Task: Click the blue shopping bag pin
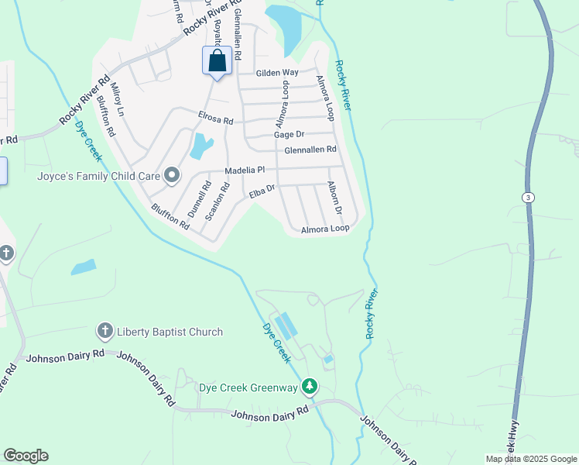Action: coord(217,60)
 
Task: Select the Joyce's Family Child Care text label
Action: coord(98,176)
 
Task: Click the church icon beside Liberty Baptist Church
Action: coord(104,332)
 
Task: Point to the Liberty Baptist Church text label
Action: coord(170,332)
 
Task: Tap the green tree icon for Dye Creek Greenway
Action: coord(310,386)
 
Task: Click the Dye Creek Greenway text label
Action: coord(248,387)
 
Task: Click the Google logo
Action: coord(26,456)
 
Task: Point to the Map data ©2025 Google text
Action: coord(530,459)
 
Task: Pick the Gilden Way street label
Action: coord(277,73)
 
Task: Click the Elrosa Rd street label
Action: coord(215,121)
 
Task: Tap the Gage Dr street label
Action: coord(289,135)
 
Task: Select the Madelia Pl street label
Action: coord(245,170)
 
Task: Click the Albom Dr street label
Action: coord(334,199)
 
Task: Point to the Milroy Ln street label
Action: coord(117,100)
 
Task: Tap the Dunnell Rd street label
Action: coord(199,200)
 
